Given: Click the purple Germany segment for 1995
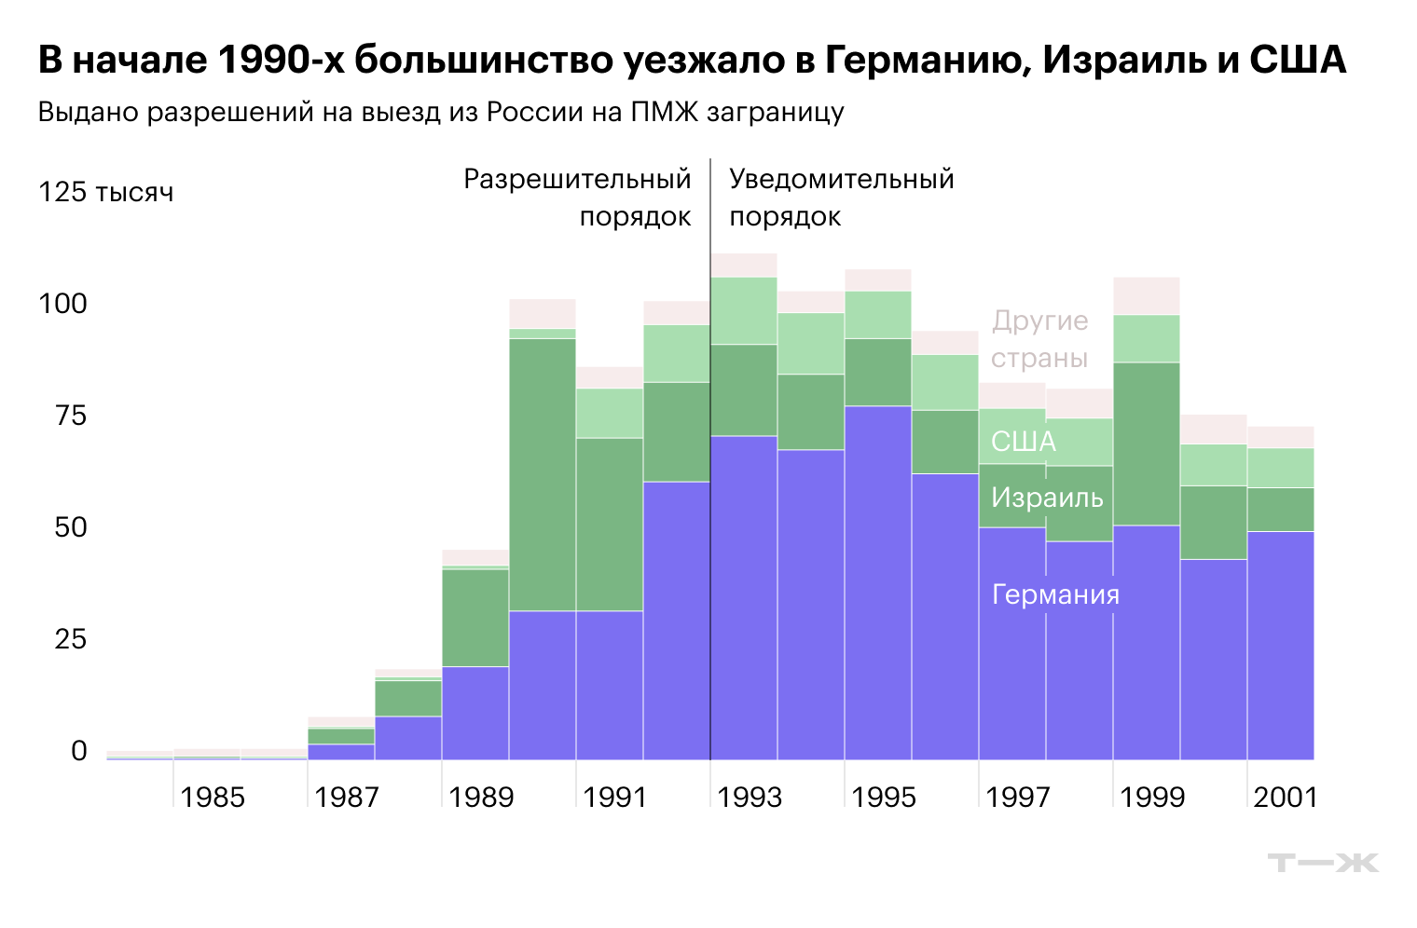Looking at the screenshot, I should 877,582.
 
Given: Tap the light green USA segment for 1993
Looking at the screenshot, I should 743,310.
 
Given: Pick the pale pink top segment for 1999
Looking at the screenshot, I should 1146,295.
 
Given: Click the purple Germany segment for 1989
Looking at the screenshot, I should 475,713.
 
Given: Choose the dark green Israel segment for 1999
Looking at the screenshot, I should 1146,444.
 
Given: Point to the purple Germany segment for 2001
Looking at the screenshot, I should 1280,645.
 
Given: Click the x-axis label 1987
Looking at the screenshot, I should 347,798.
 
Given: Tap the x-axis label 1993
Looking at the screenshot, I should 750,798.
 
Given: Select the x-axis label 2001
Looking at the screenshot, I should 1286,798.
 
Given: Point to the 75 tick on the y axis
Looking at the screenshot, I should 70,416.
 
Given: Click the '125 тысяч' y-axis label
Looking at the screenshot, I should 105,193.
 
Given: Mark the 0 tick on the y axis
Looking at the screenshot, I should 78,751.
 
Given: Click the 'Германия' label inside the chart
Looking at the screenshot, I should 1055,594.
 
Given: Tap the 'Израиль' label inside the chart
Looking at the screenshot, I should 1047,498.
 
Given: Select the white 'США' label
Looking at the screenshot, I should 1023,442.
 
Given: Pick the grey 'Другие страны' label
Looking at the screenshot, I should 1039,339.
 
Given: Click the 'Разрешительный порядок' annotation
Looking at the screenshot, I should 578,198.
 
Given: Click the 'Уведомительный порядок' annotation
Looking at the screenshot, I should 841,198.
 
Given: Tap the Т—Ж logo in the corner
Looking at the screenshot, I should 1322,863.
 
